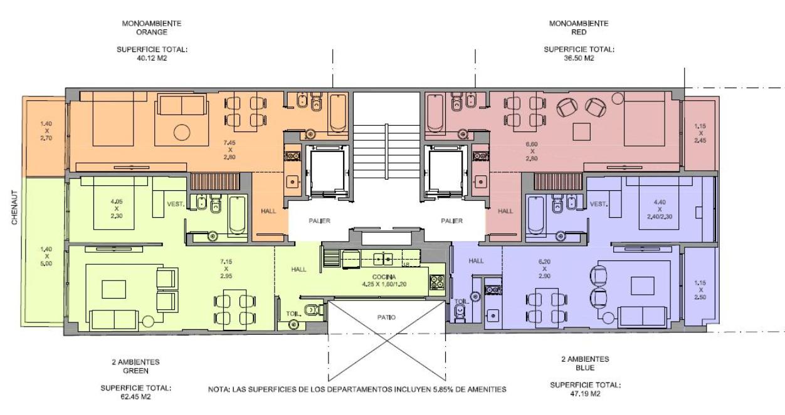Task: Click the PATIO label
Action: (386, 317)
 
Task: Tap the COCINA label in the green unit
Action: (384, 277)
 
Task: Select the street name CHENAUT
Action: (14, 208)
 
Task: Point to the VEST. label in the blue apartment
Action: (599, 204)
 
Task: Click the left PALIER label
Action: (319, 221)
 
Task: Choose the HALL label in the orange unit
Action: (268, 211)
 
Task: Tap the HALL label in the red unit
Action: (505, 211)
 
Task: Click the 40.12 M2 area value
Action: (152, 58)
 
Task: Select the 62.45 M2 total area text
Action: (135, 397)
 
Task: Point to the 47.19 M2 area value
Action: (585, 394)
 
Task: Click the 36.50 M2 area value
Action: (579, 58)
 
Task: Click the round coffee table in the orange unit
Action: (182, 133)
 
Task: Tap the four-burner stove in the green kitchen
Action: (437, 282)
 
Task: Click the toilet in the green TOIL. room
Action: (312, 310)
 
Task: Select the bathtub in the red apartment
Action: (435, 112)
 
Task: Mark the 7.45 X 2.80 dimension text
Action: (229, 150)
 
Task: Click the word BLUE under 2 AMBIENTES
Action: (585, 368)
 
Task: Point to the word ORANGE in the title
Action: (152, 32)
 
